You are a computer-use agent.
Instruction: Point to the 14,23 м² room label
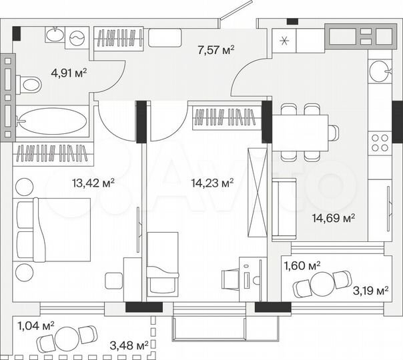click(212, 183)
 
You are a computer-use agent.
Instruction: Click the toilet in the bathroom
click(28, 84)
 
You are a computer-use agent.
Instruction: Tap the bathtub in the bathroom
click(51, 121)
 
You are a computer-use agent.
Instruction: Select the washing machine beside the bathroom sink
click(78, 38)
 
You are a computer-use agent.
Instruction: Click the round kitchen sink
click(378, 69)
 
